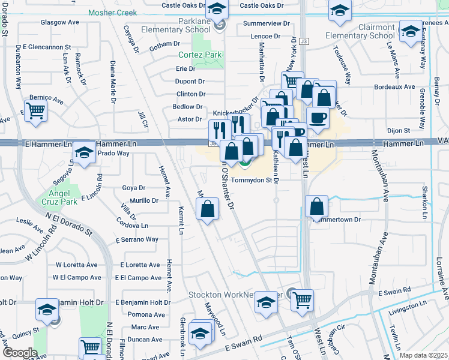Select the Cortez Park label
(200, 55)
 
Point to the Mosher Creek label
(112, 12)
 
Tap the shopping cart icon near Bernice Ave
(35, 110)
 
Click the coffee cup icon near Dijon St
(318, 117)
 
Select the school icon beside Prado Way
(84, 154)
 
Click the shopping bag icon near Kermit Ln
(207, 209)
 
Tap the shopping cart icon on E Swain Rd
(302, 298)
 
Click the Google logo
(20, 353)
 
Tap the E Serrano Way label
(137, 239)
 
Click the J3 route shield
(304, 41)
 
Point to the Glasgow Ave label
(59, 22)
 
